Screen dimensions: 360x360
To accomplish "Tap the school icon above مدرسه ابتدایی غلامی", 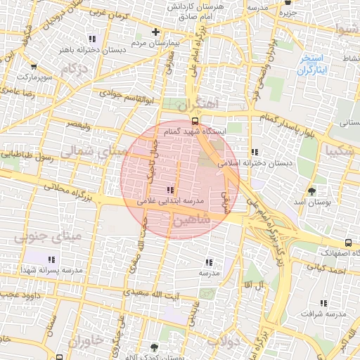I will (169, 190).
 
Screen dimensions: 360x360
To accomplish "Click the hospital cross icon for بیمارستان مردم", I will (155, 32).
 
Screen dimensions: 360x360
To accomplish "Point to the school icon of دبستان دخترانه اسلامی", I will (254, 152).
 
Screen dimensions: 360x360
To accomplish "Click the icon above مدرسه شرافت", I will (323, 304).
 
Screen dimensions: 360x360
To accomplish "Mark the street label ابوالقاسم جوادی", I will (122, 91).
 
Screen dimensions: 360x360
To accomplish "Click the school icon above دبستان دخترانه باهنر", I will (94, 39).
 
